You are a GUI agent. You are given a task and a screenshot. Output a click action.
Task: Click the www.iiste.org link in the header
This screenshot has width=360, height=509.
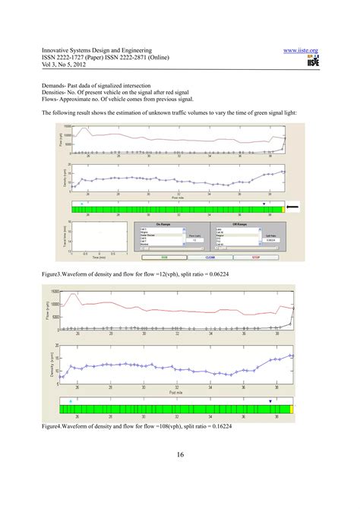(301, 50)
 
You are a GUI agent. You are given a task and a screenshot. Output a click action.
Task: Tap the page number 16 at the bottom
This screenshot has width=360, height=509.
(180, 454)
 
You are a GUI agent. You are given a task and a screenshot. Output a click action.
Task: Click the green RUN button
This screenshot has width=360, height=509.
(163, 258)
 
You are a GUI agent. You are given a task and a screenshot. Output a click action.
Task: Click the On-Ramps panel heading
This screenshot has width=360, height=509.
(165, 224)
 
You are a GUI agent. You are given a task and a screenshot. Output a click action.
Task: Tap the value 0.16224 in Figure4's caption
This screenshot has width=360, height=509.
(200, 425)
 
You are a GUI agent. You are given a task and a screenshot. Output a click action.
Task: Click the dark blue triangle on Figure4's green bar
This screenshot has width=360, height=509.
(270, 400)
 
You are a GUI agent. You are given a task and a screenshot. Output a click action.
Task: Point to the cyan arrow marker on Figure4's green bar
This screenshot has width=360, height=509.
(71, 400)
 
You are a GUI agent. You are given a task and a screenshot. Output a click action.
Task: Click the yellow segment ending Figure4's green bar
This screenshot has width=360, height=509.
(291, 409)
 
